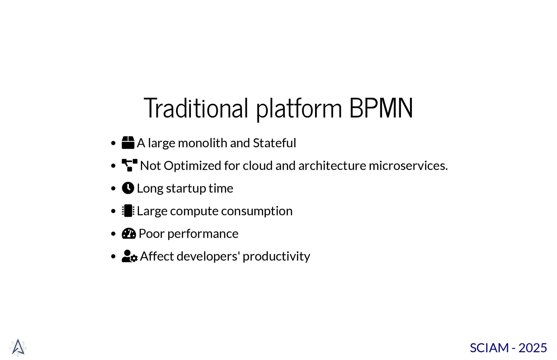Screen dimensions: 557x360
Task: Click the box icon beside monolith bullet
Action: pos(128,143)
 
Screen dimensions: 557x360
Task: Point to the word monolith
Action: pos(202,143)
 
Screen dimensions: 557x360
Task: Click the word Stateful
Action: pos(274,143)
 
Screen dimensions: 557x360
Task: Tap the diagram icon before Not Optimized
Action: pos(129,165)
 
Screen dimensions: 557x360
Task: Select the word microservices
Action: pos(408,166)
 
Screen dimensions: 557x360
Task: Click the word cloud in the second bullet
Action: pos(258,166)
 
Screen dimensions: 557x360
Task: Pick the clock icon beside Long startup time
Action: pos(128,188)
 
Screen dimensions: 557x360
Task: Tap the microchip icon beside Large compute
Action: pos(128,211)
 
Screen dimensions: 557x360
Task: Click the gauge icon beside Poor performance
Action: pos(129,233)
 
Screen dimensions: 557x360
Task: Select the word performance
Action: pos(203,234)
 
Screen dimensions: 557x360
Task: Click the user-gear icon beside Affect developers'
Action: pos(129,256)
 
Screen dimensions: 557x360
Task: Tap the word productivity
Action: pos(276,257)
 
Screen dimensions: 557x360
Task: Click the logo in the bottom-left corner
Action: pos(18,347)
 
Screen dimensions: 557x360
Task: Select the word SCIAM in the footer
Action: pos(489,348)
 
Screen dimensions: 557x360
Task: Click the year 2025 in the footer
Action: pos(533,348)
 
